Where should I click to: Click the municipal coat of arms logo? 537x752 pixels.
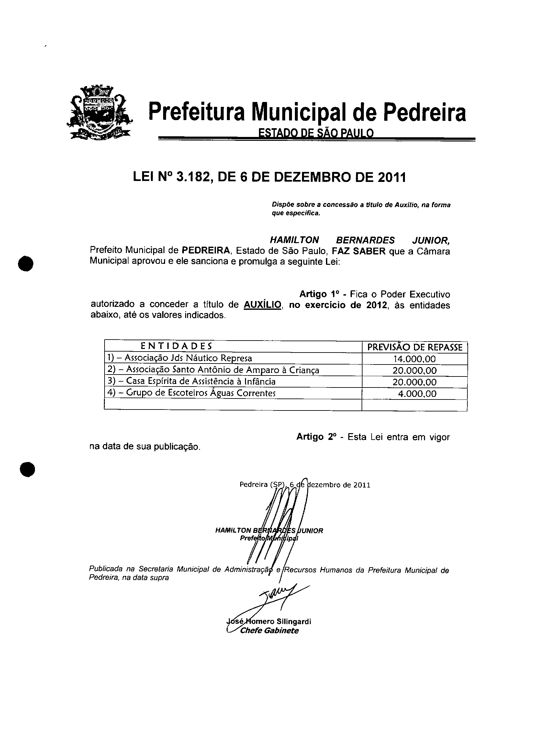click(x=98, y=112)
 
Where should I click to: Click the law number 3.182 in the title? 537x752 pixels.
click(x=191, y=178)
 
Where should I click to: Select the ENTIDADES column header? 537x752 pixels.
click(x=176, y=346)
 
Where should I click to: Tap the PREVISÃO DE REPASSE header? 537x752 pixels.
click(x=415, y=347)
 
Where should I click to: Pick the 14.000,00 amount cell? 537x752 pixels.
click(x=414, y=359)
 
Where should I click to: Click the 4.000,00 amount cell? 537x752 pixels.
click(x=417, y=394)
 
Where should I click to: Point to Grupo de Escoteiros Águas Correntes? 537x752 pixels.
click(x=191, y=393)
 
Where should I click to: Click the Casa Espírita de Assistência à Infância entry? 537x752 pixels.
click(x=191, y=382)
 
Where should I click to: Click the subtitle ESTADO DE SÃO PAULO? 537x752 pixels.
click(x=316, y=133)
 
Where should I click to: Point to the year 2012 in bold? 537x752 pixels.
click(x=376, y=305)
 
